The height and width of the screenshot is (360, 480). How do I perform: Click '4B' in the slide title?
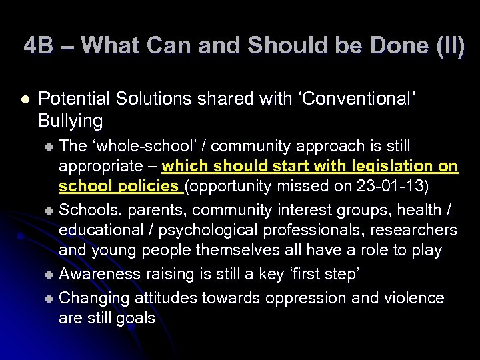click(37, 45)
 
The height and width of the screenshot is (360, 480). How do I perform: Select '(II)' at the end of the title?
click(448, 45)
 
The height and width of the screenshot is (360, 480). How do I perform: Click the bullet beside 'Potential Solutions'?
click(26, 99)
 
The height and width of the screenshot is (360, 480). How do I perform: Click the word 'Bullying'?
click(71, 121)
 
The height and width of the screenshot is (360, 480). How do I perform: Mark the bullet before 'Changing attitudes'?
click(48, 299)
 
